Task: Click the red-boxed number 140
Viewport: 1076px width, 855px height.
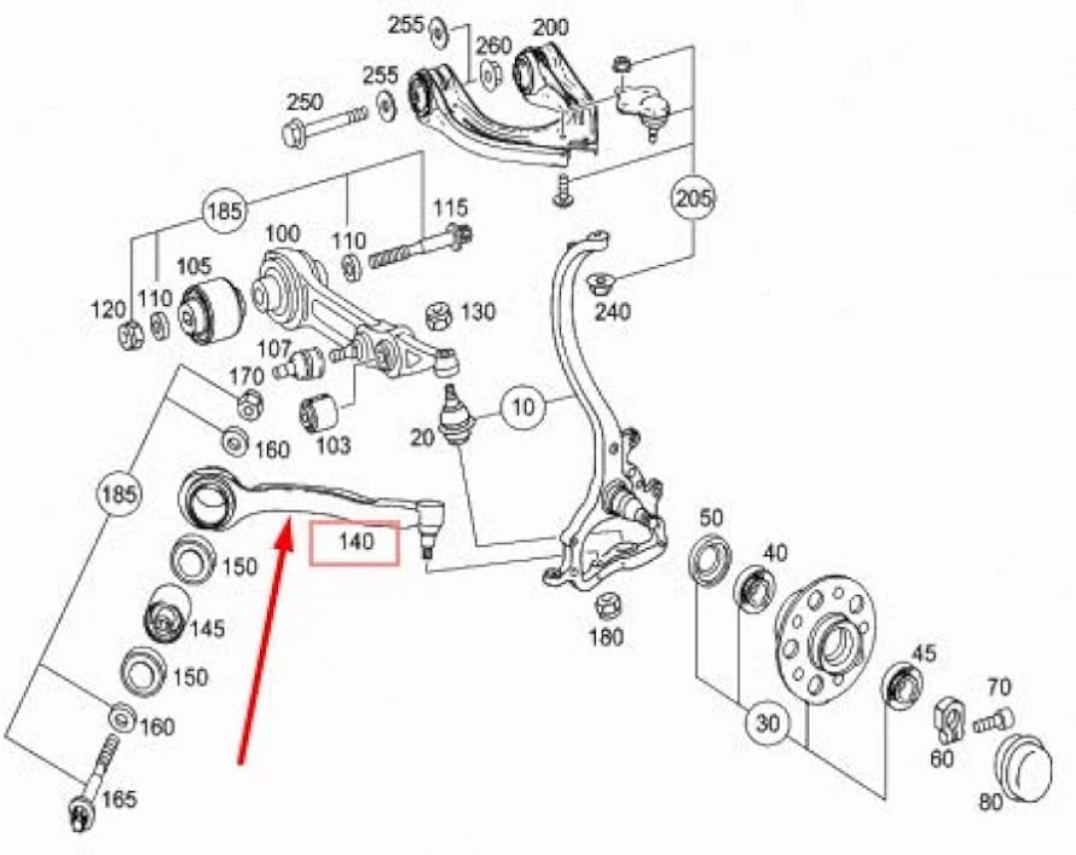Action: point(356,543)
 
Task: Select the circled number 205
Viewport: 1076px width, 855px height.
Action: point(692,197)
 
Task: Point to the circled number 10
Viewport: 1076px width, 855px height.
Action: point(525,407)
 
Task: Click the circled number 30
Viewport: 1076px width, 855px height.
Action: point(767,723)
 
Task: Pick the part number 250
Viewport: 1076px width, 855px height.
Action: point(304,102)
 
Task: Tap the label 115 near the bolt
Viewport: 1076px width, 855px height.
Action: point(450,208)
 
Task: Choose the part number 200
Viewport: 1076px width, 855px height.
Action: point(550,27)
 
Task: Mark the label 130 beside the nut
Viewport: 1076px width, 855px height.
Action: point(477,312)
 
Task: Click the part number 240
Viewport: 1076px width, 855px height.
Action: point(613,312)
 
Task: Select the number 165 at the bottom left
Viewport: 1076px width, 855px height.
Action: point(119,799)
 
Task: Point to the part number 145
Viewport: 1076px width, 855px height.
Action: point(206,630)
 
